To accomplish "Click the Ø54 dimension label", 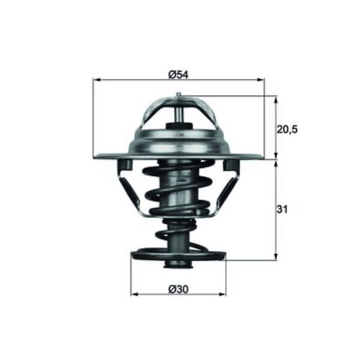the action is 178,75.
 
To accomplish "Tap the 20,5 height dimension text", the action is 287,130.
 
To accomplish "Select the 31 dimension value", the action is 282,209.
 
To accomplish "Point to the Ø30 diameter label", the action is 178,289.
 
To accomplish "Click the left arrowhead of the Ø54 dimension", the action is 97,80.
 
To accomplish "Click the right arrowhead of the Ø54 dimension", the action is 260,80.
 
